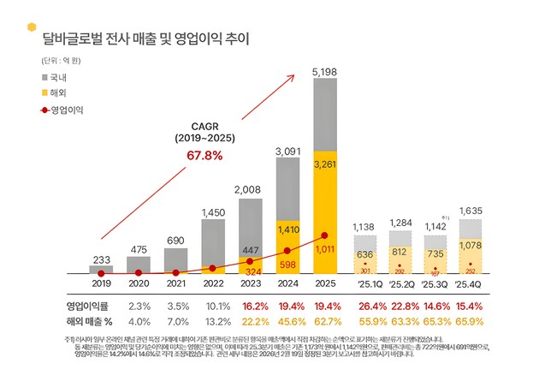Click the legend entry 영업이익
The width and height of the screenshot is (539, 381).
point(65,110)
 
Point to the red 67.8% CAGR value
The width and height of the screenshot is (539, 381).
point(198,155)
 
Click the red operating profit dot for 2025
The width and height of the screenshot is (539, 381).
point(324,235)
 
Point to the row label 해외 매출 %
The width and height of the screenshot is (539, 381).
point(90,321)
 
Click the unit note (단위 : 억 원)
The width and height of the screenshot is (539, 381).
point(60,62)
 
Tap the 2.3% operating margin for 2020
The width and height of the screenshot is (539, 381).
point(139,306)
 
